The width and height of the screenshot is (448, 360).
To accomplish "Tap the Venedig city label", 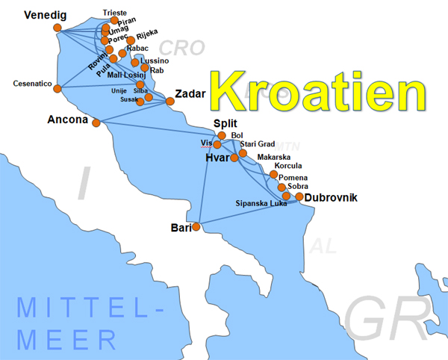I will (x=46, y=15).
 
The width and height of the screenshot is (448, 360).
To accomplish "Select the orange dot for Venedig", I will (x=57, y=28).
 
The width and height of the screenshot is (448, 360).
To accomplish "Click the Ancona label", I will (x=68, y=119).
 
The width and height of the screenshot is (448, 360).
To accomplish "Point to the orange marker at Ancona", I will (x=96, y=123).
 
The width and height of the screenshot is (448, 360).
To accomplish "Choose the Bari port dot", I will (x=196, y=226).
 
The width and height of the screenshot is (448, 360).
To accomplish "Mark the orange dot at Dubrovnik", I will (x=299, y=197).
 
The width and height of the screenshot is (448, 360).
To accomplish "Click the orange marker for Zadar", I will (x=170, y=101).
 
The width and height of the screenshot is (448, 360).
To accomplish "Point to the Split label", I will (x=226, y=123).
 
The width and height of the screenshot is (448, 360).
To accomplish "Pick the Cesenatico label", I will (x=32, y=84).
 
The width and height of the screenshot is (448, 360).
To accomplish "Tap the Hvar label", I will (x=217, y=158).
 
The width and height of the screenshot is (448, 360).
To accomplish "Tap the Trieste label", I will (x=114, y=13).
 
